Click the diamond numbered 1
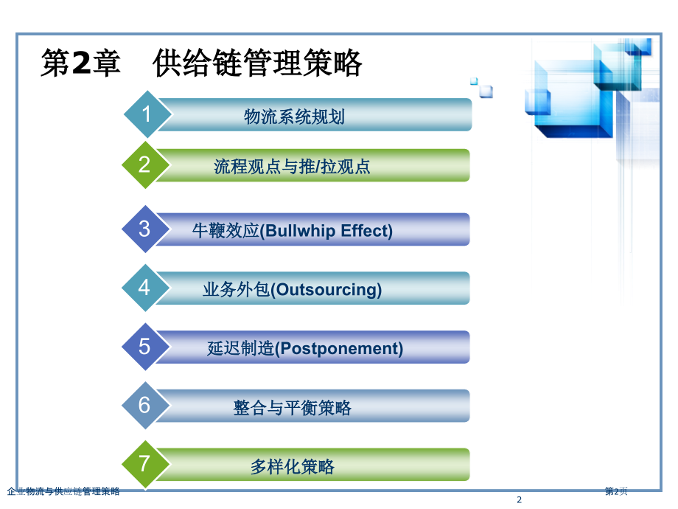[x=147, y=114]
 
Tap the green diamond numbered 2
[x=145, y=165]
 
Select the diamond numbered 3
[x=145, y=229]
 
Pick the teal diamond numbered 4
[x=145, y=288]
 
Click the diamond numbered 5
[x=145, y=347]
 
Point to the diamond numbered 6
[x=145, y=406]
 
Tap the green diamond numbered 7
[x=145, y=465]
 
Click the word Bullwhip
[x=300, y=231]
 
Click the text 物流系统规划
[x=294, y=117]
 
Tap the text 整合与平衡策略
[x=293, y=408]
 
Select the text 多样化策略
[x=293, y=466]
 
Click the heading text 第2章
[x=80, y=63]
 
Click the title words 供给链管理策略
[x=257, y=63]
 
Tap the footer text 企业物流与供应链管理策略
[x=63, y=491]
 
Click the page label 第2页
[x=616, y=491]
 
